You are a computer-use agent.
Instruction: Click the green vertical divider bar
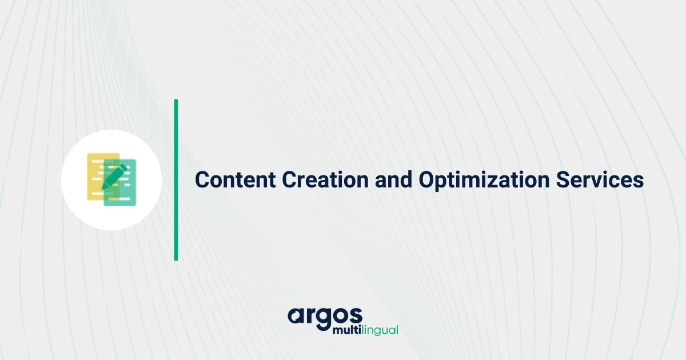pyautogui.click(x=176, y=180)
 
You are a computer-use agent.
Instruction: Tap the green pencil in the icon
pyautogui.click(x=114, y=177)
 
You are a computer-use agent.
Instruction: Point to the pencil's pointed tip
pyautogui.click(x=103, y=188)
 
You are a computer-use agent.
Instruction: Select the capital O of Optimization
pyautogui.click(x=426, y=180)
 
